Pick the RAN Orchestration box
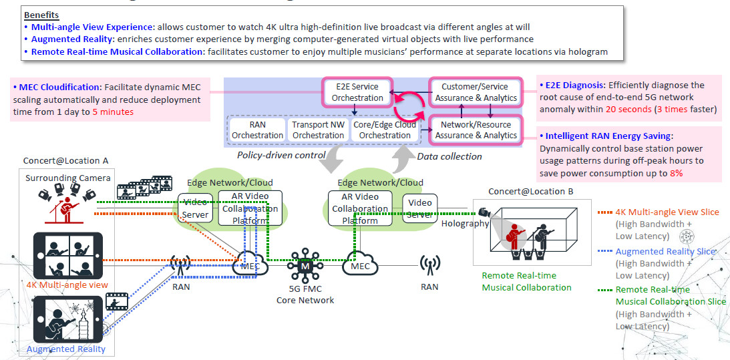coord(257,130)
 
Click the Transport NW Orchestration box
coord(318,130)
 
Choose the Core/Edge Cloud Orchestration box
coord(384,130)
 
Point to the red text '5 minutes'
coord(113,112)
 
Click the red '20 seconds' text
coord(624,109)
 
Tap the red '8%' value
coord(675,173)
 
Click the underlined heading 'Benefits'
coord(41,15)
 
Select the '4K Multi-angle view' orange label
coord(67,285)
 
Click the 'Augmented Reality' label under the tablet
coord(65,349)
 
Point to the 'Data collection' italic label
coord(449,156)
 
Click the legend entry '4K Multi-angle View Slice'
coord(667,212)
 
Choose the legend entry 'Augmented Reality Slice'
coord(665,251)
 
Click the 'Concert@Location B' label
coord(530,191)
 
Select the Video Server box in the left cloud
coord(194,208)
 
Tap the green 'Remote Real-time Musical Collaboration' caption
coord(526,281)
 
